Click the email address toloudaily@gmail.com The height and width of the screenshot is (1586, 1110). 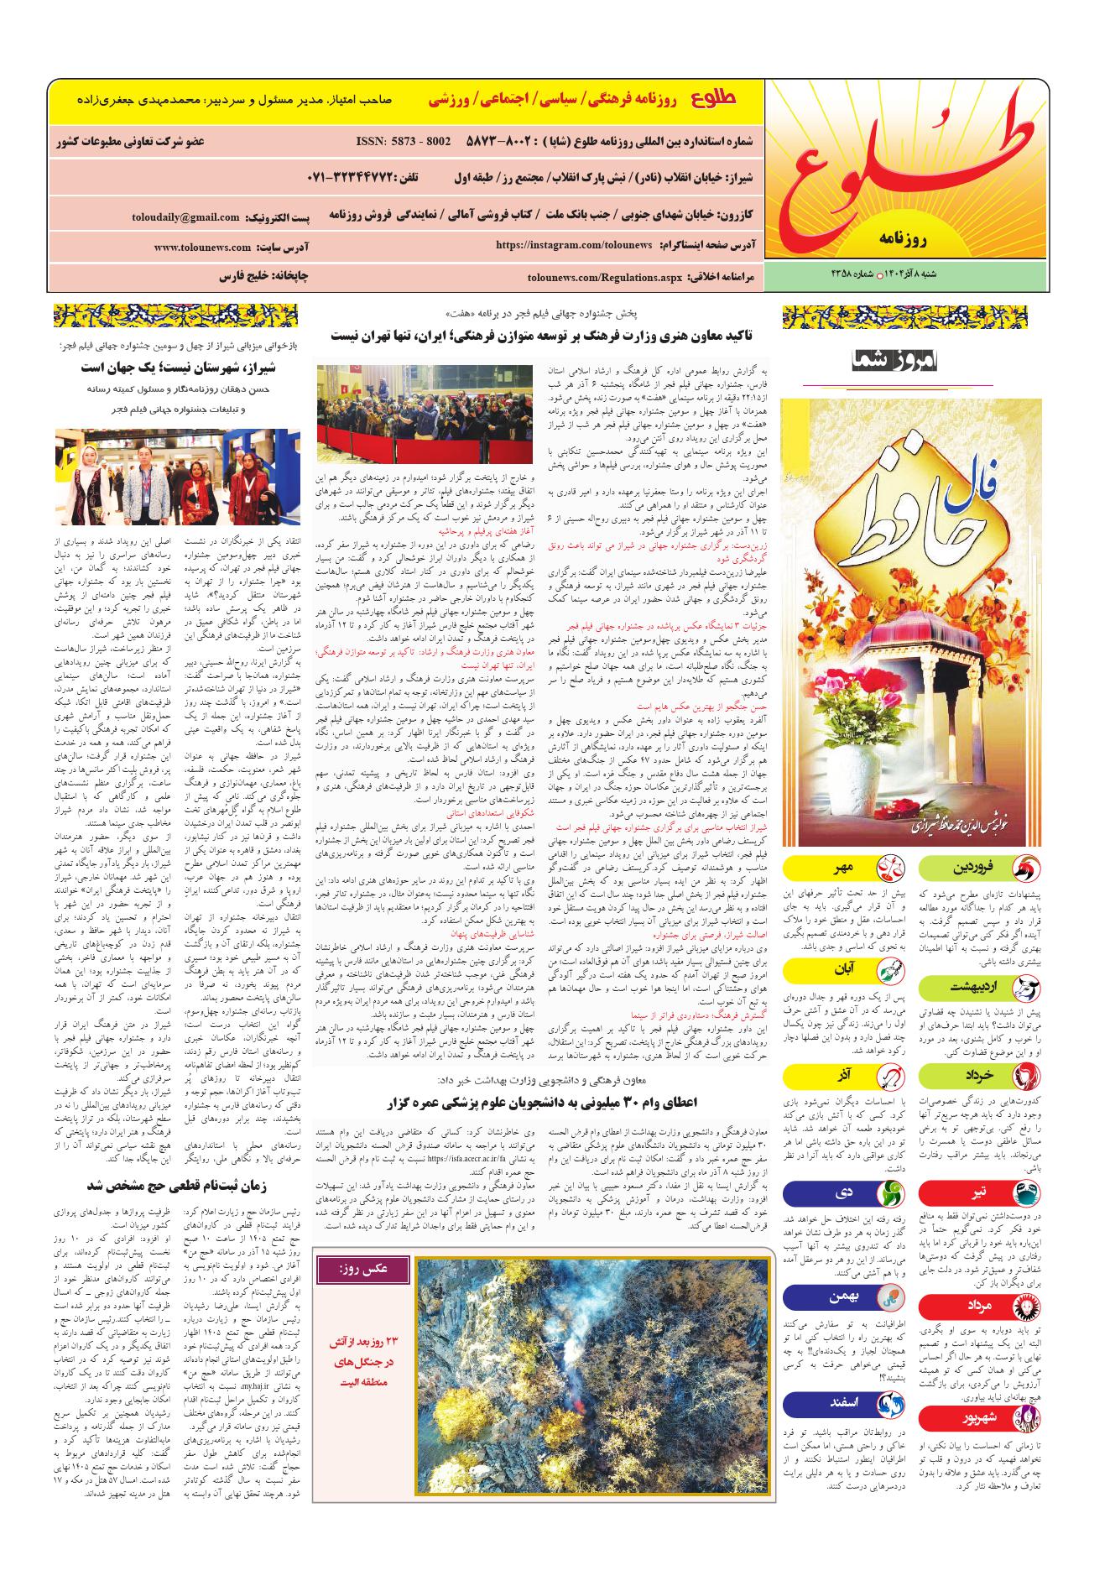click(x=185, y=217)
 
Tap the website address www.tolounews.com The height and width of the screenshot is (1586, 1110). click(x=202, y=248)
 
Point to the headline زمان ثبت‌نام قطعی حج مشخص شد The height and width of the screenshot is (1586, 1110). click(x=174, y=1186)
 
